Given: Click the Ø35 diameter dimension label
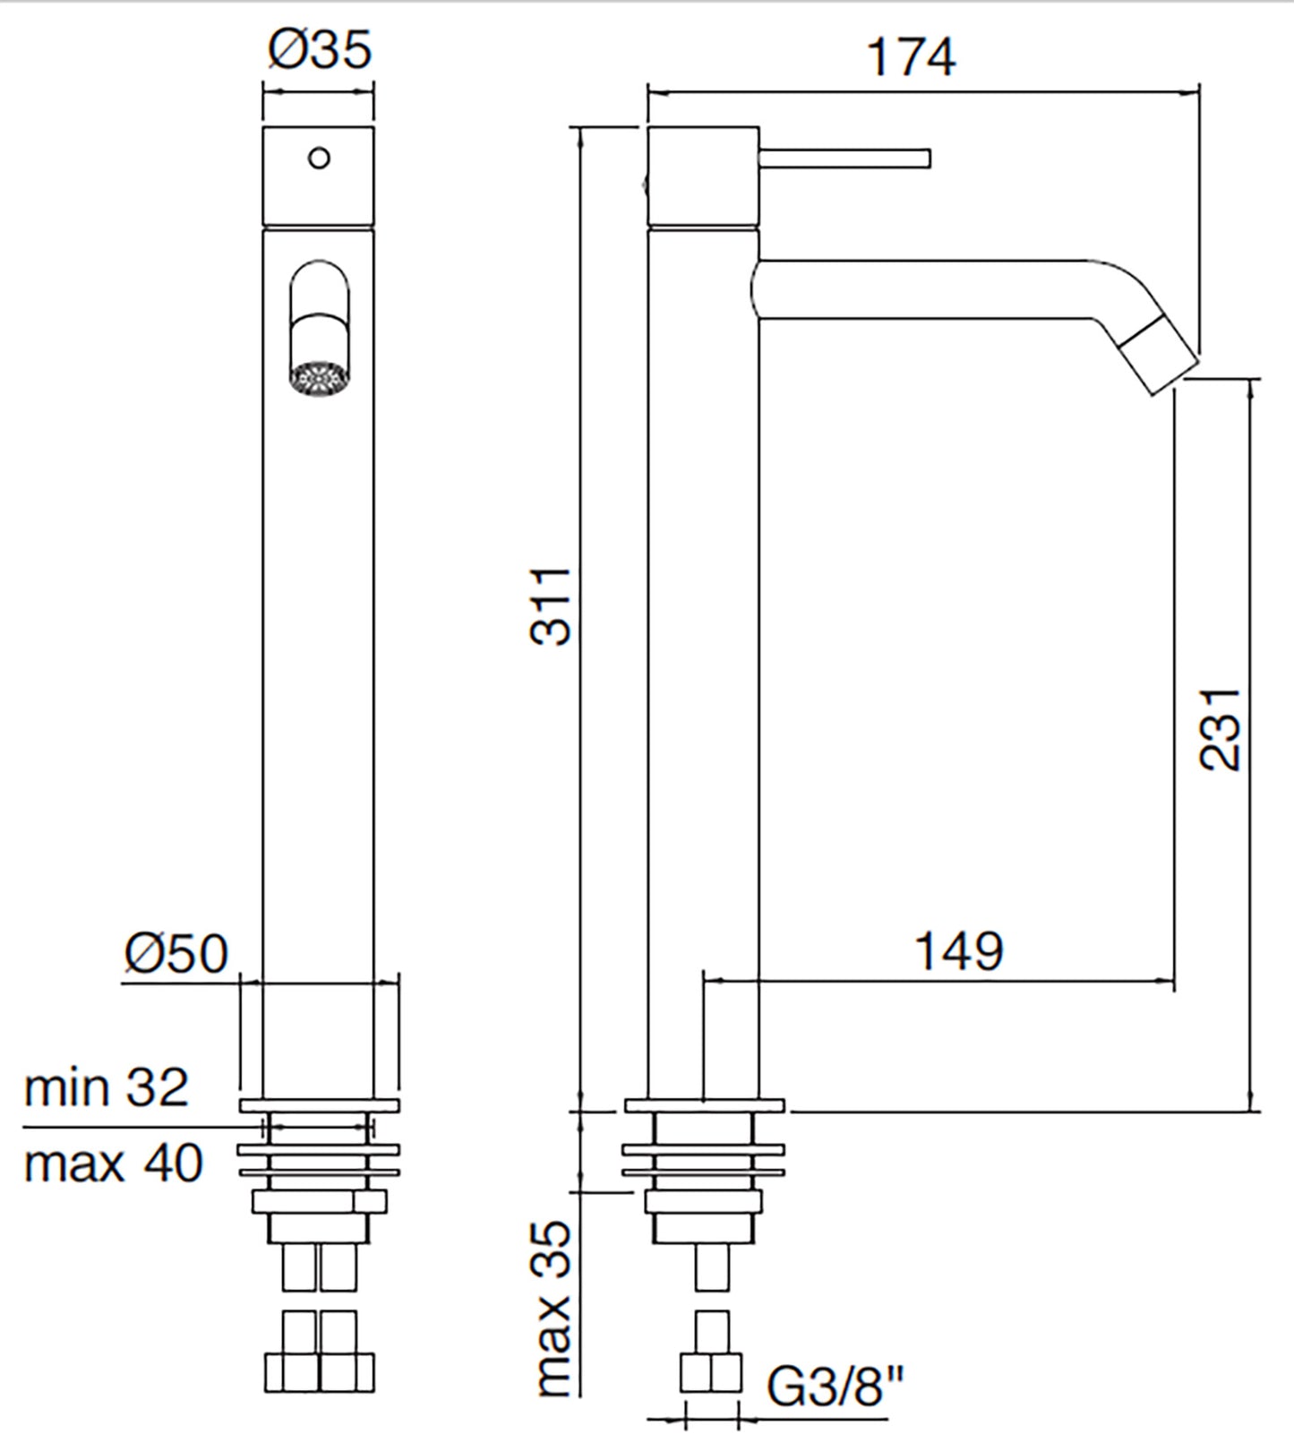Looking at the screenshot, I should click(319, 50).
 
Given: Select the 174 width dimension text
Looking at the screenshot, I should click(911, 57).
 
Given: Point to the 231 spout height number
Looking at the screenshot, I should click(1220, 729).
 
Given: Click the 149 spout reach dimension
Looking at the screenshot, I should click(958, 951).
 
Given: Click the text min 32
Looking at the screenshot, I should click(106, 1088).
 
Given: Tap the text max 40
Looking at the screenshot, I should click(113, 1163).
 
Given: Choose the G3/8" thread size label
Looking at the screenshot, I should click(836, 1388).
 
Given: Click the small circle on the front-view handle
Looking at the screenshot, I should click(319, 159).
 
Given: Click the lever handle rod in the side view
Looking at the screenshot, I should click(844, 159).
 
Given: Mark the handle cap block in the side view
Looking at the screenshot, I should click(703, 176).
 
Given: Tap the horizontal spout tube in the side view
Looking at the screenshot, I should click(922, 289).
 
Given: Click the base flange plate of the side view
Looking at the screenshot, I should click(705, 1105).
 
